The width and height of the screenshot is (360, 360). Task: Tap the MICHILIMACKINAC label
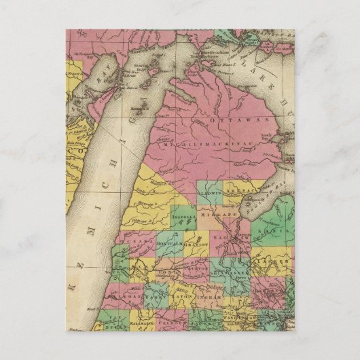[x=204, y=143]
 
